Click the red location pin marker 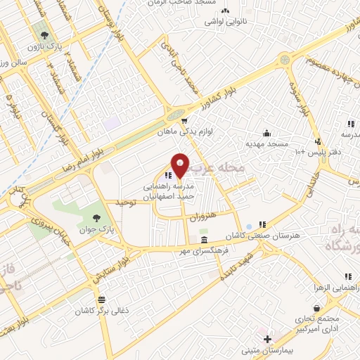pyautogui.click(x=180, y=165)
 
